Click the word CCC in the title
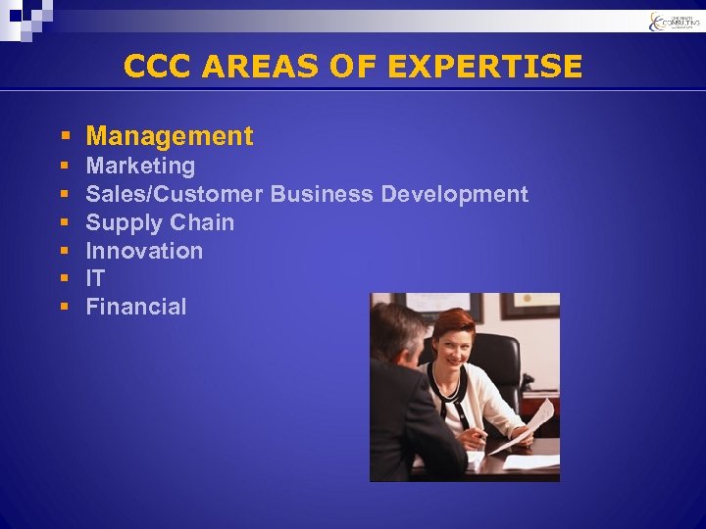tap(157, 67)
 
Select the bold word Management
tap(170, 136)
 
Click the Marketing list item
tap(140, 166)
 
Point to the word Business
tap(322, 194)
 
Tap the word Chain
tap(202, 222)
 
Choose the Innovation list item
tap(144, 251)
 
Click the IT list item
tap(95, 278)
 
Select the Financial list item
tap(135, 307)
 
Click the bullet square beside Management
tap(64, 137)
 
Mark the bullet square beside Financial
tap(64, 308)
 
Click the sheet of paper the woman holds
tap(529, 426)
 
